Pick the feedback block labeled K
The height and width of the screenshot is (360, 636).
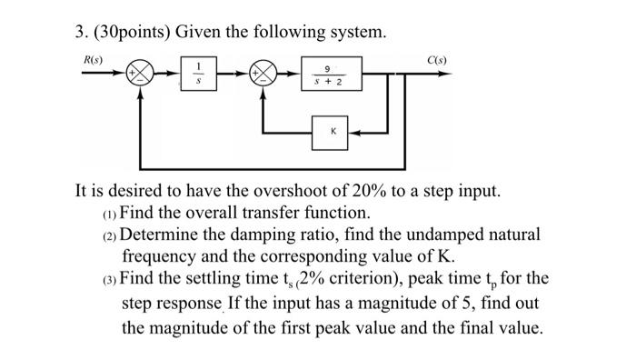pos(333,131)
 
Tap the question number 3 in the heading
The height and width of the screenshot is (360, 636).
pos(80,33)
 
